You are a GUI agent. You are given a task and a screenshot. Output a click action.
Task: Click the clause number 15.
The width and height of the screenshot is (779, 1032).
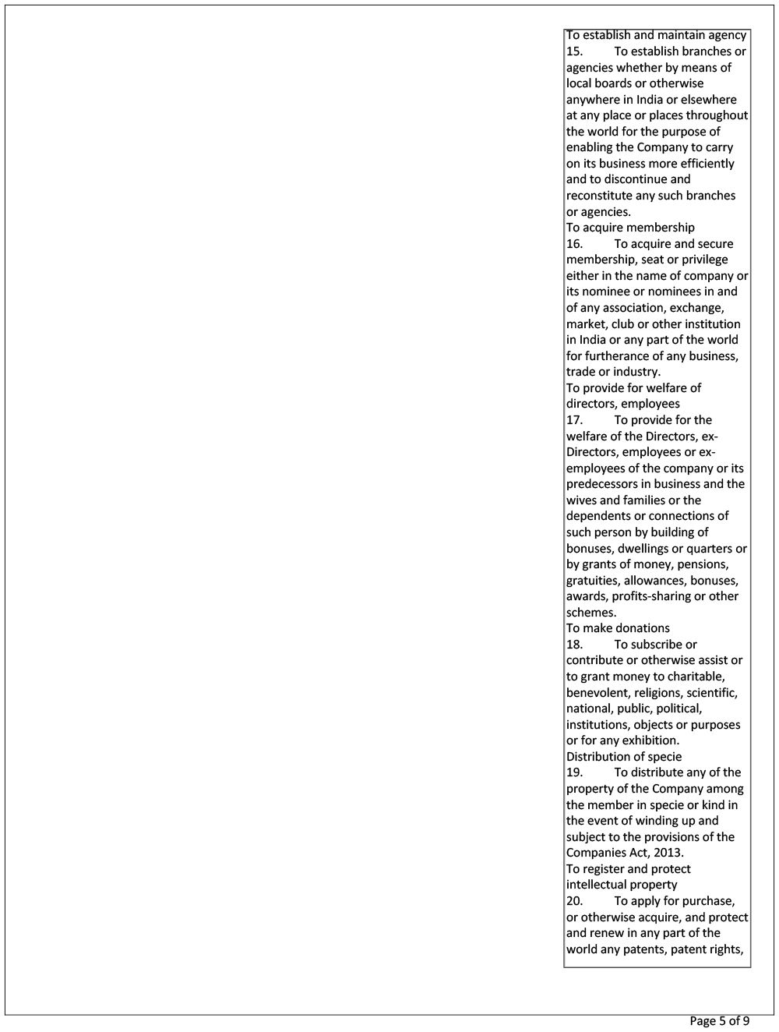(x=574, y=51)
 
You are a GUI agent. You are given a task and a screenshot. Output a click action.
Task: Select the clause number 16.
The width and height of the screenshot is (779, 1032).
(x=574, y=244)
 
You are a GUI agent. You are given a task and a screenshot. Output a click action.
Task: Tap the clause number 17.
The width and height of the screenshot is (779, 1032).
(x=574, y=420)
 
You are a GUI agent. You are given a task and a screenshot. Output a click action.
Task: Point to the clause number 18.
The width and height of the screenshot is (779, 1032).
(x=574, y=645)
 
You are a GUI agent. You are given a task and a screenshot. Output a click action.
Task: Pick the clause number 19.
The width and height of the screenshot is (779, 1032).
(x=574, y=772)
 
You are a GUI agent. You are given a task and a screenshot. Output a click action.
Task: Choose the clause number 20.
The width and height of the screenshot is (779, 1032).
(x=574, y=901)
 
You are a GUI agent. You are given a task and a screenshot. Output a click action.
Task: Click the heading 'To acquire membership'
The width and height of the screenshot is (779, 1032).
(x=630, y=228)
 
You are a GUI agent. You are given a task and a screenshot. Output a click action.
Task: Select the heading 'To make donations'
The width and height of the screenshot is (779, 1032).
(x=618, y=628)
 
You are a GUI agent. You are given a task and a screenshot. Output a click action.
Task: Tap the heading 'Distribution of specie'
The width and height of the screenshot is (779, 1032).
(x=623, y=757)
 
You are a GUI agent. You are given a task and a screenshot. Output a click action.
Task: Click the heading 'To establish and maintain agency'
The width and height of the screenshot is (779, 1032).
(x=656, y=35)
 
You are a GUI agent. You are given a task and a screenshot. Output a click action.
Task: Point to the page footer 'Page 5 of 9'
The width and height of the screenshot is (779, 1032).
(x=719, y=1021)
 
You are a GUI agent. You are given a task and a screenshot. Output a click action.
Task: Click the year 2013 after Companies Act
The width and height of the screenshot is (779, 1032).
(x=668, y=853)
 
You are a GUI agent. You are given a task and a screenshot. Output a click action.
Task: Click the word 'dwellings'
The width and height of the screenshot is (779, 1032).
(x=643, y=549)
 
